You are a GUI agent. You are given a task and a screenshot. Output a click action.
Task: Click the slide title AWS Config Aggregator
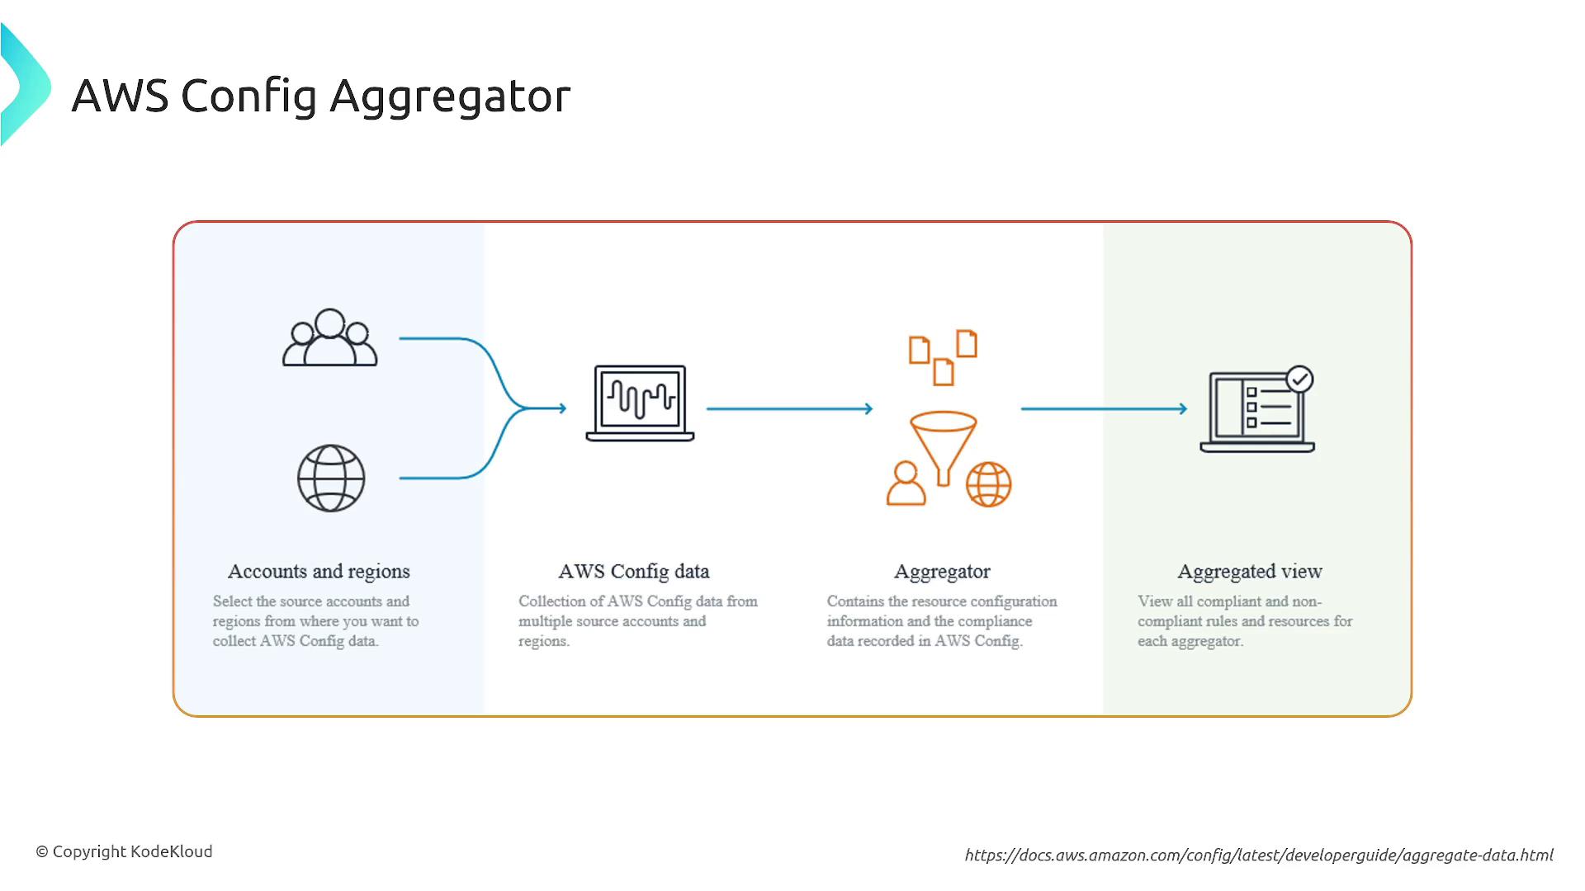click(x=321, y=97)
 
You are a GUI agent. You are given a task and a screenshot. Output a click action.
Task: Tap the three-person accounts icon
click(x=330, y=337)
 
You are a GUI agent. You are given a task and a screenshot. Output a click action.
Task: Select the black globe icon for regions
click(x=331, y=478)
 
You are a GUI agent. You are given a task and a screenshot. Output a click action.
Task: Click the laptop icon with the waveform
click(x=640, y=403)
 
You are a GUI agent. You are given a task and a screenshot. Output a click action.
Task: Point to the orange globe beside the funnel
click(x=989, y=484)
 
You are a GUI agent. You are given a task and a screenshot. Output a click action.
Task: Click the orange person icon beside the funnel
click(x=906, y=483)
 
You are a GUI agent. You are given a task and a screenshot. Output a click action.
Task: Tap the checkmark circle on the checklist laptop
click(x=1300, y=379)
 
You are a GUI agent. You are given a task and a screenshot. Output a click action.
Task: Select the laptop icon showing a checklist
click(x=1257, y=410)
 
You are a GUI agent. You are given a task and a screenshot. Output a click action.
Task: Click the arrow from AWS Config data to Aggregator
click(x=789, y=408)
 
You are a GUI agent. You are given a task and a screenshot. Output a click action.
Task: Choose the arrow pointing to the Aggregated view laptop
click(x=1105, y=408)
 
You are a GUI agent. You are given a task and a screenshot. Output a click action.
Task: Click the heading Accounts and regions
click(x=319, y=572)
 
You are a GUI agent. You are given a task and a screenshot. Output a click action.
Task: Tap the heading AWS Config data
click(x=634, y=572)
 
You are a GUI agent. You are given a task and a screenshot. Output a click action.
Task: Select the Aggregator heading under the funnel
click(x=942, y=572)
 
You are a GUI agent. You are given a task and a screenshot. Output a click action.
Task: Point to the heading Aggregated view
click(x=1250, y=572)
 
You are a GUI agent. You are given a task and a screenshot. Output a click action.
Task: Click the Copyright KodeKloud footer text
click(x=124, y=851)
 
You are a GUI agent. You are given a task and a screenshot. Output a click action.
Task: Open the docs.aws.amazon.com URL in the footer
click(x=1259, y=856)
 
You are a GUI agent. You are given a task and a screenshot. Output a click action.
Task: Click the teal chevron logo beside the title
click(x=26, y=85)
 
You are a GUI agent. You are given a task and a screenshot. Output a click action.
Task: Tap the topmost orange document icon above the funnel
click(x=967, y=343)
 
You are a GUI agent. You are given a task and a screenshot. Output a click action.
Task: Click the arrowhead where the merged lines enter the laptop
click(x=562, y=408)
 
